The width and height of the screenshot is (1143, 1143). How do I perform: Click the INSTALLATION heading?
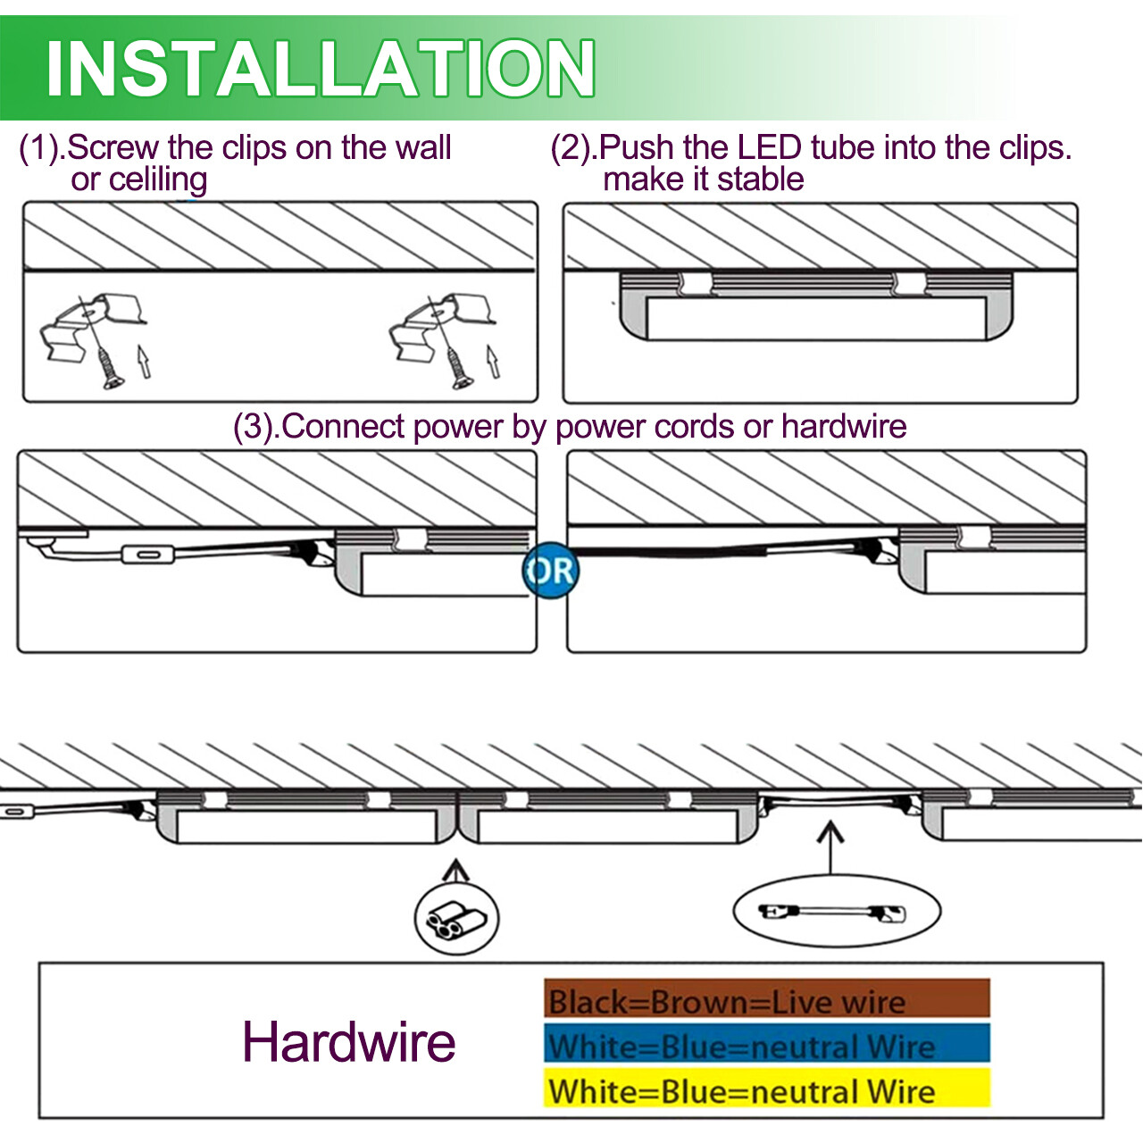pyautogui.click(x=320, y=68)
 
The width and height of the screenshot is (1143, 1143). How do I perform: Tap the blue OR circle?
pyautogui.click(x=550, y=571)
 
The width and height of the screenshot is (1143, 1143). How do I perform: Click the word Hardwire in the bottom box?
pyautogui.click(x=348, y=1041)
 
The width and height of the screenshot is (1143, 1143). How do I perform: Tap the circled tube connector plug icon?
pyautogui.click(x=456, y=919)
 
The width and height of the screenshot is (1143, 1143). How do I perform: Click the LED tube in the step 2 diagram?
pyautogui.click(x=816, y=317)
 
